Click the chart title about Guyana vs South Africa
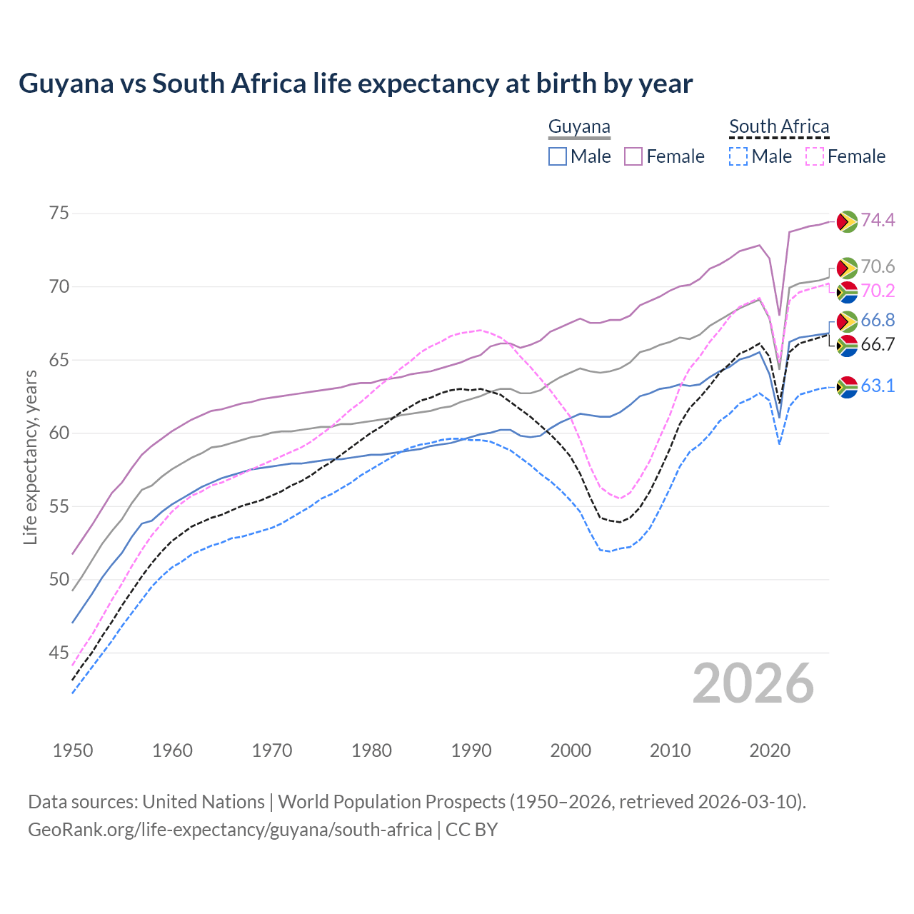[356, 84]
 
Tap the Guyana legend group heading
[579, 127]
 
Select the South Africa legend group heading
[779, 127]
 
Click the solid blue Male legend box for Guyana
[558, 156]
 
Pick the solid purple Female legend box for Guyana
[633, 156]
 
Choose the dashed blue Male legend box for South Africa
[739, 156]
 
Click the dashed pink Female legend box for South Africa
[815, 156]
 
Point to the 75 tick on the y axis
[59, 214]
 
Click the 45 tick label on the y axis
[59, 653]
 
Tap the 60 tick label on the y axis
[59, 433]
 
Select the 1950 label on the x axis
[73, 750]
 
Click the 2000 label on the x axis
[571, 750]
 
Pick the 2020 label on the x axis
[770, 750]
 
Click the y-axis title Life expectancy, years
[30, 457]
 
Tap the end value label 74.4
[878, 221]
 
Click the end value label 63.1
[878, 386]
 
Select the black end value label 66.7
[878, 345]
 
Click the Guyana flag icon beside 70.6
[847, 268]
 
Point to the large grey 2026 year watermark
[753, 683]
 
